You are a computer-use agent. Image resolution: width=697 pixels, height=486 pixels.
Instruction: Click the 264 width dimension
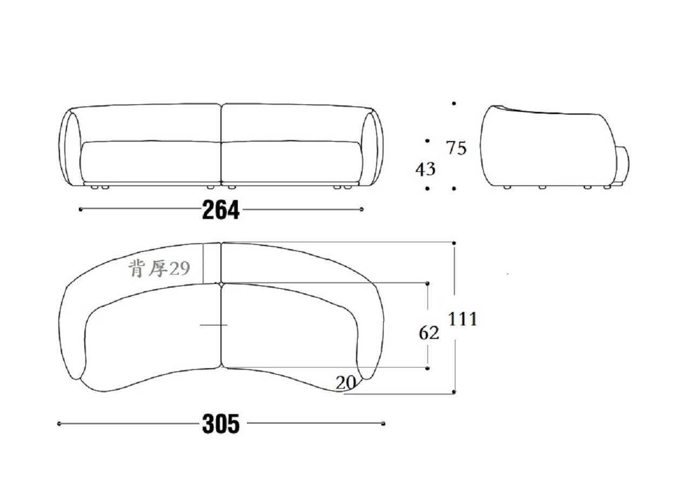(x=220, y=210)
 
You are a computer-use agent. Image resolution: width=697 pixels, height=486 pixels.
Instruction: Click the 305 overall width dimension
(x=221, y=424)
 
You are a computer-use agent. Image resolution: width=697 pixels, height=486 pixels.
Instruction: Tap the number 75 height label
(x=457, y=148)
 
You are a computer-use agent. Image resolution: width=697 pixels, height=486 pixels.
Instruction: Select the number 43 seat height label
(x=425, y=169)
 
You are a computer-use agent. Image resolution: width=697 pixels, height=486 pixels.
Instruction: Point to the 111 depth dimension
(x=463, y=319)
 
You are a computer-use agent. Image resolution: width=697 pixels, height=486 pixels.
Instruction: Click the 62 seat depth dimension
(x=429, y=333)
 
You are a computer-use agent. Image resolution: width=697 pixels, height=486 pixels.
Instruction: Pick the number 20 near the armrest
(x=346, y=383)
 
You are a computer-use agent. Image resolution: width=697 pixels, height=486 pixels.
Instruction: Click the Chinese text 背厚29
(x=159, y=269)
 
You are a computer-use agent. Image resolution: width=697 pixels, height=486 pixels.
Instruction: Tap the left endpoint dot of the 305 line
(x=59, y=424)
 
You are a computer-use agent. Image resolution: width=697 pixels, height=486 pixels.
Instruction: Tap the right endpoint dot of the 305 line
(x=384, y=423)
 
